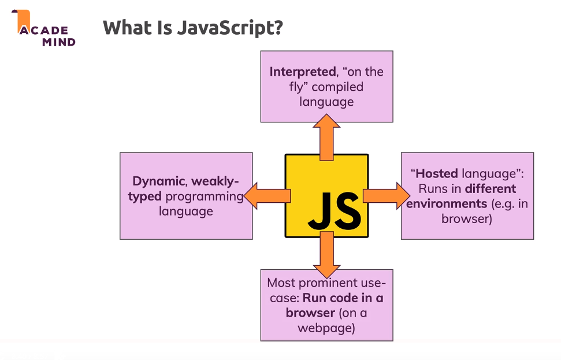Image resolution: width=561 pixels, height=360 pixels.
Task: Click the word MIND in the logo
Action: point(58,42)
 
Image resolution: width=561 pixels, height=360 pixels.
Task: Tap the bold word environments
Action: point(447,203)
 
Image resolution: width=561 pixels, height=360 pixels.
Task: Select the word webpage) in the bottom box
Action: point(326,328)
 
